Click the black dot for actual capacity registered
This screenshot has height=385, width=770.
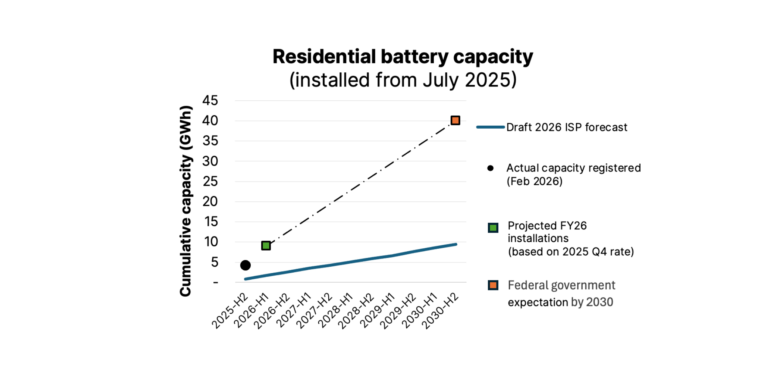(x=245, y=265)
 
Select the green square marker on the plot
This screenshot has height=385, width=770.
(x=266, y=246)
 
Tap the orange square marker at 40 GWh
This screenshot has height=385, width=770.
(x=455, y=120)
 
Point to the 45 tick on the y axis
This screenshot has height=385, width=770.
(x=210, y=100)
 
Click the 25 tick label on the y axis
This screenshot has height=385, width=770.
(x=210, y=181)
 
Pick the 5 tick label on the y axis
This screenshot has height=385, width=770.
(x=214, y=262)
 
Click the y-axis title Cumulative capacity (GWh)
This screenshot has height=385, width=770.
(x=186, y=201)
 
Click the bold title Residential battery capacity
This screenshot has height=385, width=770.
(x=403, y=57)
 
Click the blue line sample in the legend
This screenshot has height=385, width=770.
(x=491, y=127)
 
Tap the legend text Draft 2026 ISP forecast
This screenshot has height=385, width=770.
(x=566, y=127)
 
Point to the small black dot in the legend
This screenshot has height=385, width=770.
(x=491, y=168)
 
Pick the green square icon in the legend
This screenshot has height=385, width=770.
(x=493, y=228)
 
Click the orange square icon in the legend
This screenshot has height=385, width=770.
(x=493, y=285)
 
